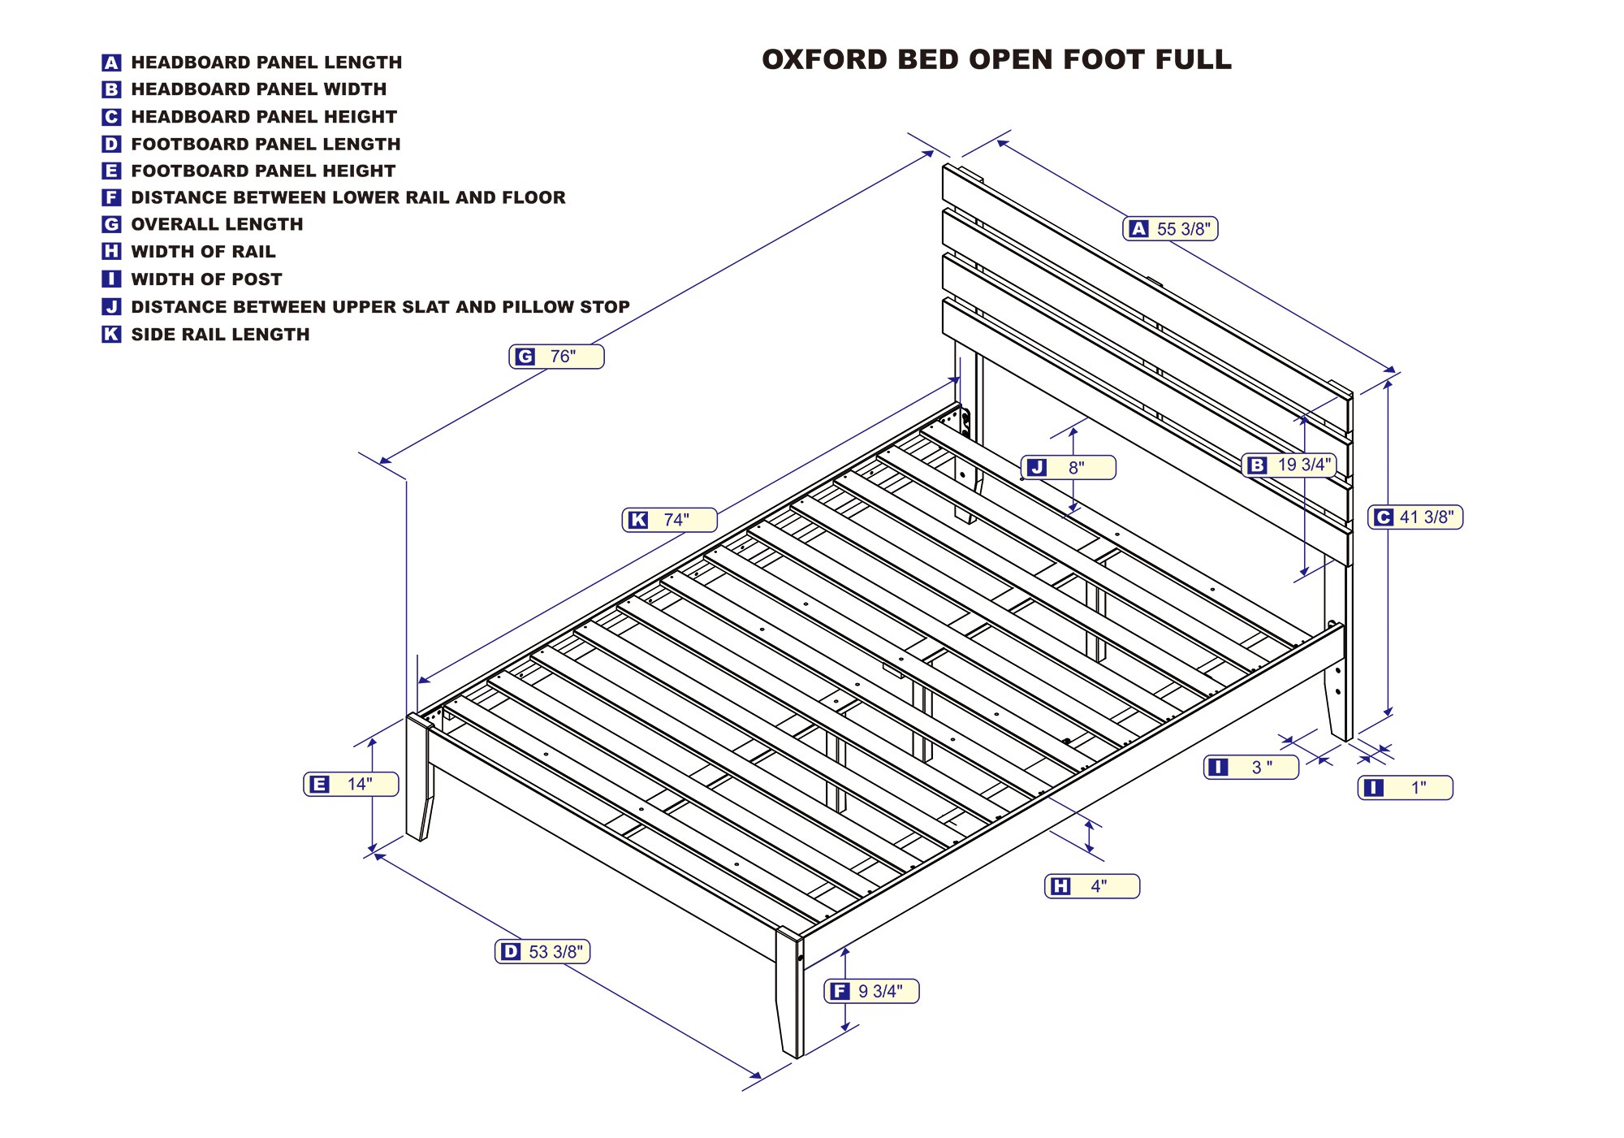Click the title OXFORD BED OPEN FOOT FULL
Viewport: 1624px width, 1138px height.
tap(996, 59)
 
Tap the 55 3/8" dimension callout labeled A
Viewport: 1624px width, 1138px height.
tap(1170, 229)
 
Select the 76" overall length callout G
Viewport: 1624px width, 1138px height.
tap(556, 357)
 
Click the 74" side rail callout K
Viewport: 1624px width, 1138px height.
tap(669, 520)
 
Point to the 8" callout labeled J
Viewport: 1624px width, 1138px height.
tap(1068, 468)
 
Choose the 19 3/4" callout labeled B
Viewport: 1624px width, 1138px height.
tap(1289, 465)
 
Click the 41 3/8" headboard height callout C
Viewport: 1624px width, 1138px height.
tap(1415, 517)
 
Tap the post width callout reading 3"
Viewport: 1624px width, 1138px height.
tap(1250, 767)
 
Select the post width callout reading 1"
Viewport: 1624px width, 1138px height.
tap(1405, 788)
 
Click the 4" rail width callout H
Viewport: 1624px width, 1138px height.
tap(1091, 886)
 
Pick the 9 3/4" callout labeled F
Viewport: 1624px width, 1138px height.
tap(871, 991)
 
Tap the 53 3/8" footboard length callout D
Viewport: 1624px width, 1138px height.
tap(542, 952)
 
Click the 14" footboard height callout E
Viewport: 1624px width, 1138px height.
tap(351, 784)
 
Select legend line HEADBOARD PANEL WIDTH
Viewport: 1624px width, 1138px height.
tap(258, 89)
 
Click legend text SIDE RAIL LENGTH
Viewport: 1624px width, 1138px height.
tap(220, 335)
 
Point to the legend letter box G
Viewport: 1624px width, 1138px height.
tap(111, 225)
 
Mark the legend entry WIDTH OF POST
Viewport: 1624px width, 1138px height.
tap(206, 279)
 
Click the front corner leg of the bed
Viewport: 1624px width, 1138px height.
tap(789, 995)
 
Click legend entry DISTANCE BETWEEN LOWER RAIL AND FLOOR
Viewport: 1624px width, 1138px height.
tap(348, 197)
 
